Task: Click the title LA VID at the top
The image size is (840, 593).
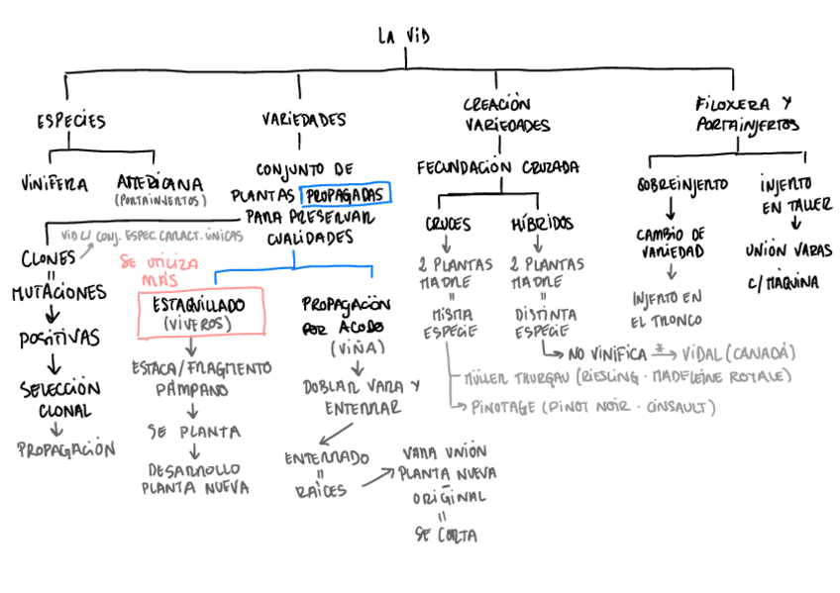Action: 404,37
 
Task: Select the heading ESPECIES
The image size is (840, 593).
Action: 70,121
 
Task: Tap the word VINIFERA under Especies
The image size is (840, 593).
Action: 53,183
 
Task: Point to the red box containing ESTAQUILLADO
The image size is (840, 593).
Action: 202,314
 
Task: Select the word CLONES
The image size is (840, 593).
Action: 48,259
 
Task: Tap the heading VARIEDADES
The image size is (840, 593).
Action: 304,120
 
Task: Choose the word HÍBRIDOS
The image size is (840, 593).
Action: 542,224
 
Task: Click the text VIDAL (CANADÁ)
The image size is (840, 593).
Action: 739,352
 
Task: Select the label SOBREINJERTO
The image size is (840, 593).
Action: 682,185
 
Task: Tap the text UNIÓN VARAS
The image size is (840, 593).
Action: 788,251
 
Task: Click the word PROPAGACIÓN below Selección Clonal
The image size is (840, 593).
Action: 66,449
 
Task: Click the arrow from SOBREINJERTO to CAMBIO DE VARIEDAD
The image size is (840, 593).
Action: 670,209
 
